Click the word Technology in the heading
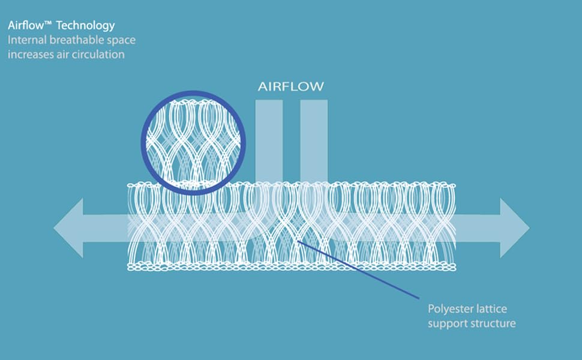(x=85, y=26)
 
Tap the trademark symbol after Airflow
(x=48, y=23)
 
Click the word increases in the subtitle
(x=31, y=55)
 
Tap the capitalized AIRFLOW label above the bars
(x=291, y=86)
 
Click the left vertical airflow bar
(x=269, y=141)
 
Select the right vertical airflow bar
(x=314, y=141)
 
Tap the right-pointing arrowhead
(x=514, y=228)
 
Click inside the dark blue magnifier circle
(x=193, y=143)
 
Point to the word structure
(x=493, y=323)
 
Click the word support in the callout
(x=448, y=324)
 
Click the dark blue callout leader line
(x=359, y=269)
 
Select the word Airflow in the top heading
(x=26, y=26)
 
